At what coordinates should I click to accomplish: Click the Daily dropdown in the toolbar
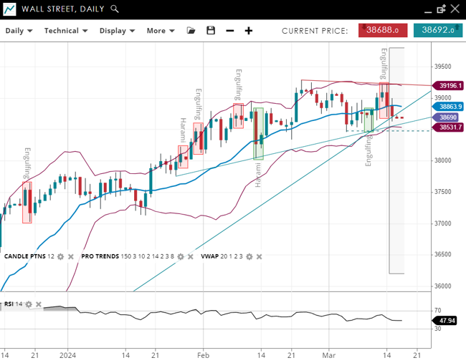19,31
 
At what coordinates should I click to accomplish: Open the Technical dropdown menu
65,31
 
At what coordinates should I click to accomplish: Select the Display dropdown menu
117,31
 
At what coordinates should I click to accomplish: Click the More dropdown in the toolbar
160,31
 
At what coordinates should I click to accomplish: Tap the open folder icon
191,31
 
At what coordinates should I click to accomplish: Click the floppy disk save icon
210,31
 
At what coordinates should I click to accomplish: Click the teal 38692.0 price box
439,30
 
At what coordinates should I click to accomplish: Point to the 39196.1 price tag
450,85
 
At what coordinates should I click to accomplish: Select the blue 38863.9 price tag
450,106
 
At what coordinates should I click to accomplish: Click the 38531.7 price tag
450,127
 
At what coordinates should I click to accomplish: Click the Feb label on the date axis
203,354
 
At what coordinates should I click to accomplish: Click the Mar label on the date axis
328,354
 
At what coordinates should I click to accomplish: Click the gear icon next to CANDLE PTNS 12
60,256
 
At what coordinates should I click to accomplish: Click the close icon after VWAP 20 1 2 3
259,256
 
